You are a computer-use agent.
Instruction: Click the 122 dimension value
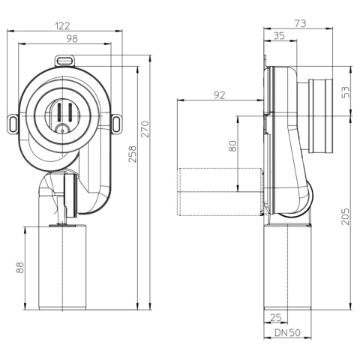click(x=62, y=26)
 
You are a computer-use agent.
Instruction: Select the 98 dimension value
click(x=72, y=39)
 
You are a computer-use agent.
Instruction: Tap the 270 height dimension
click(x=145, y=129)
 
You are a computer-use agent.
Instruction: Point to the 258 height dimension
click(x=133, y=154)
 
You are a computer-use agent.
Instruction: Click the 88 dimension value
click(x=20, y=268)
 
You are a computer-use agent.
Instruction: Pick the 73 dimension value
click(x=300, y=23)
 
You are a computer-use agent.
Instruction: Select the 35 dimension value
click(x=279, y=36)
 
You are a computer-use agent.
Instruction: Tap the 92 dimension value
click(x=220, y=95)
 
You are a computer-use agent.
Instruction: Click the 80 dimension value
click(x=232, y=146)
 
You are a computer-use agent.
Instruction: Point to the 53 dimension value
click(x=346, y=92)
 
